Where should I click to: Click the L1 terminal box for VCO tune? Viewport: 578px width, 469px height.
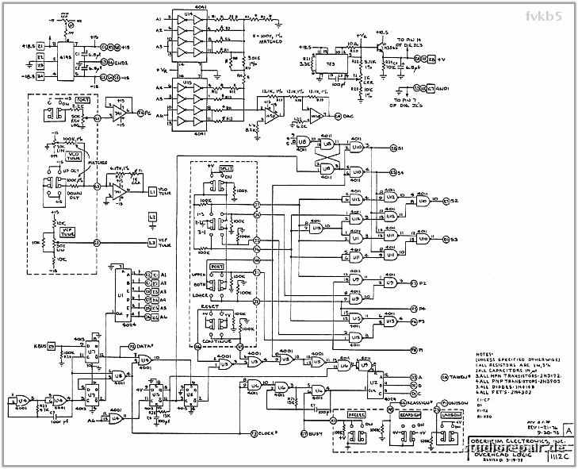152,193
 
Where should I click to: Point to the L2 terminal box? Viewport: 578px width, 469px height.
152,217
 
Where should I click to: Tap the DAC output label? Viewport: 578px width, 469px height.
346,117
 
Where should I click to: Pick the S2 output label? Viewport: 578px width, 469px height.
454,201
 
